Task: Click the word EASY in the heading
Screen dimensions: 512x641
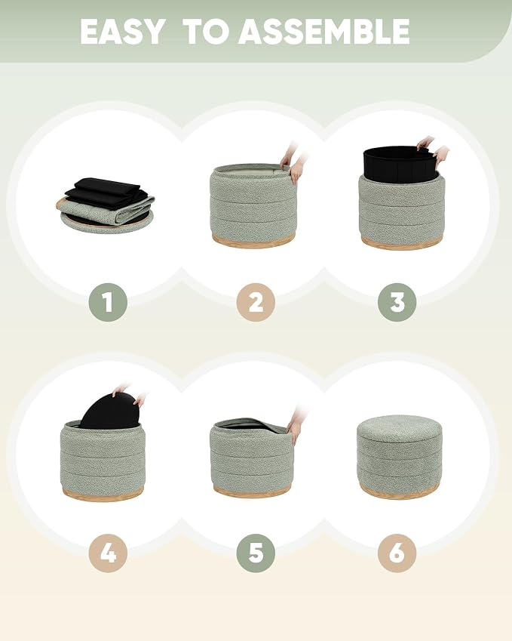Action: pyautogui.click(x=122, y=32)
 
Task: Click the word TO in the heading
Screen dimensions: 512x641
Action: pyautogui.click(x=206, y=32)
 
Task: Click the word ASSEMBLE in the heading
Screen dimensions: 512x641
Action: pyautogui.click(x=323, y=32)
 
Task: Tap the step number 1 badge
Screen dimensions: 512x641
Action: pyautogui.click(x=108, y=302)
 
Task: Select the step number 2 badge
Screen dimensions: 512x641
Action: pyautogui.click(x=256, y=302)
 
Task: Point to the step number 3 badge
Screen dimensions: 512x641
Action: pyautogui.click(x=397, y=302)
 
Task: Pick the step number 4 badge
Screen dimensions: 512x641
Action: pyautogui.click(x=108, y=553)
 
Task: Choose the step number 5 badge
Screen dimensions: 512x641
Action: pyautogui.click(x=256, y=553)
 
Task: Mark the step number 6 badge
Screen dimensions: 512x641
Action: pyautogui.click(x=397, y=553)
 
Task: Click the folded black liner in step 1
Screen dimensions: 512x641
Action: pyautogui.click(x=104, y=192)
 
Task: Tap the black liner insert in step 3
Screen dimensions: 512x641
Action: pyautogui.click(x=398, y=165)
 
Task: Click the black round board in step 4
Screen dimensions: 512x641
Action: pyautogui.click(x=110, y=411)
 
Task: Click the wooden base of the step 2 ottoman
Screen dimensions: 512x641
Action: pyautogui.click(x=253, y=241)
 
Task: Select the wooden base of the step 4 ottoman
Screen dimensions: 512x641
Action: pyautogui.click(x=103, y=494)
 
